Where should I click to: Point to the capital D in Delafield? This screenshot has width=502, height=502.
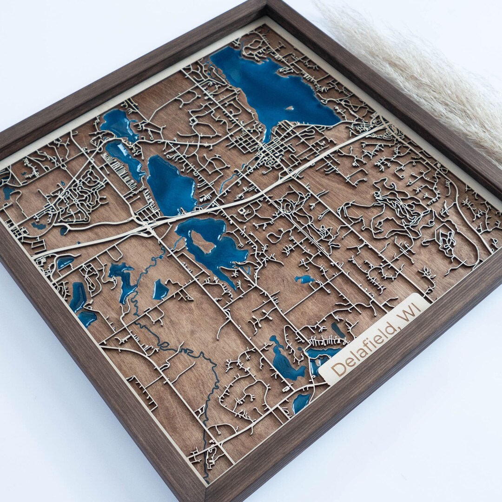coord(340,367)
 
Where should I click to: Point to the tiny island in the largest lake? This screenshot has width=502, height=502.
coord(290,108)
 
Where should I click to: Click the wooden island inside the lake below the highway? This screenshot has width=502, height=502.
coord(203,241)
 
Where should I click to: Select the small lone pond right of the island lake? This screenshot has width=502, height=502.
coord(304,279)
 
